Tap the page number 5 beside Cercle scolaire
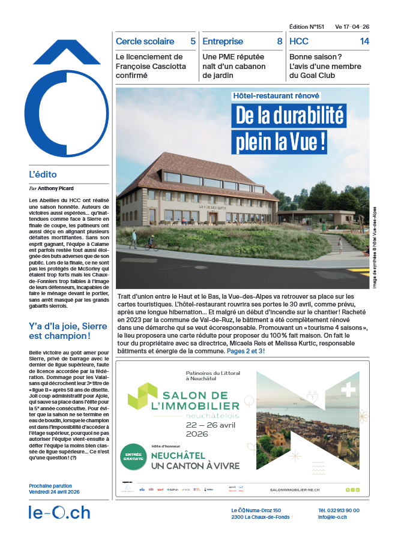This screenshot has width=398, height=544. [193, 41]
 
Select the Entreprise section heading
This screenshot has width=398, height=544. [223, 41]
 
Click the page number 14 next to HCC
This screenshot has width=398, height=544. [364, 41]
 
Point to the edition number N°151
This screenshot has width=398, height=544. [307, 27]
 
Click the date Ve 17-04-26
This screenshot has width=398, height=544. [352, 27]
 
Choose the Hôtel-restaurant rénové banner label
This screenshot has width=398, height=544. [276, 95]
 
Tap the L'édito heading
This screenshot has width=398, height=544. [43, 175]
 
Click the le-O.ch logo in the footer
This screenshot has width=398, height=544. [59, 513]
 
